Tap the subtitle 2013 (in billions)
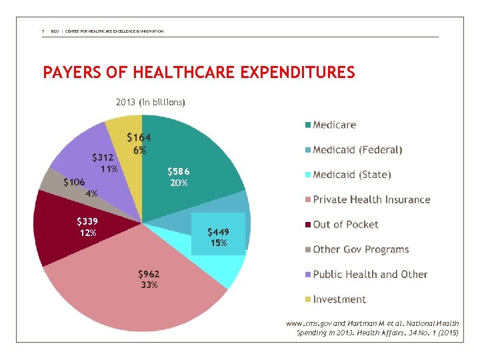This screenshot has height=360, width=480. click(151, 102)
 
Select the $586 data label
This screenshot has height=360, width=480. click(178, 177)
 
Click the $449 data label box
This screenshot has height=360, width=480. click(218, 237)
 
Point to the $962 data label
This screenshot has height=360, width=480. click(149, 279)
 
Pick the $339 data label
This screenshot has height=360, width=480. click(88, 227)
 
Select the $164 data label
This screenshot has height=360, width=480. click(139, 143)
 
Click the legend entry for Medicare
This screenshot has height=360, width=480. click(334, 125)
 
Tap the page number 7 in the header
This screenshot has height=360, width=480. click(43, 31)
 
